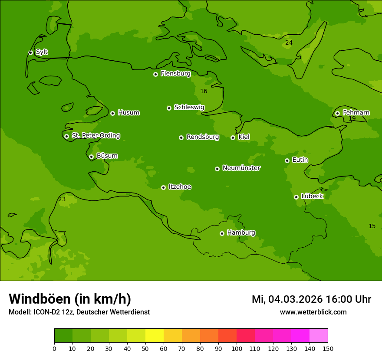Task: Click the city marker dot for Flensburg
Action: (x=155, y=74)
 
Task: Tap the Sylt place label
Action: (x=42, y=52)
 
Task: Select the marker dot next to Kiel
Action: (x=233, y=137)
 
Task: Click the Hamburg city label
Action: (x=241, y=232)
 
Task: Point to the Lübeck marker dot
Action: (x=296, y=197)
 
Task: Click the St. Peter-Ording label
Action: (x=95, y=135)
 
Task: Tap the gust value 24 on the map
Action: (x=289, y=43)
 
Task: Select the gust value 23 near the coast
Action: (x=62, y=199)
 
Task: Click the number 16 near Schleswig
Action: (x=204, y=91)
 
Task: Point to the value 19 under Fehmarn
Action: (x=352, y=118)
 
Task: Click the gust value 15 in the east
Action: (x=372, y=226)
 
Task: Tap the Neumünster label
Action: (x=241, y=168)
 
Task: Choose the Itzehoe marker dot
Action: (x=163, y=187)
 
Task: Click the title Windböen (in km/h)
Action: (x=70, y=299)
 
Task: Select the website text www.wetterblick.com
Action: (x=313, y=312)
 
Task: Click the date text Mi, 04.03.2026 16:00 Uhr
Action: (x=311, y=299)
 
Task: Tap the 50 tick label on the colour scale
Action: (x=145, y=348)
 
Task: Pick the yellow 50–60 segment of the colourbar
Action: (x=155, y=336)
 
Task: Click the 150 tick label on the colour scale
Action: (x=328, y=348)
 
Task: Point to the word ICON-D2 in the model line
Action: (x=46, y=312)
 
